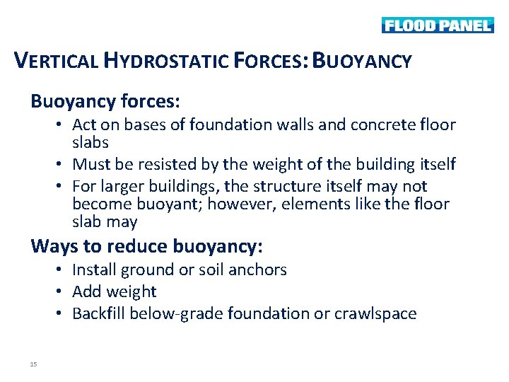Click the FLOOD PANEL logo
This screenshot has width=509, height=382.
(x=437, y=25)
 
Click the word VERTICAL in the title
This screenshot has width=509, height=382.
(x=58, y=61)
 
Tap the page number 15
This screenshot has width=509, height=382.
(x=33, y=364)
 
